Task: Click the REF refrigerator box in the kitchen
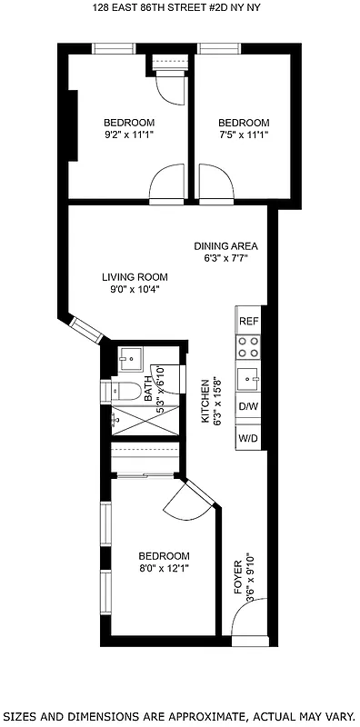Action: pyautogui.click(x=248, y=321)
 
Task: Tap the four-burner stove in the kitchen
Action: pyautogui.click(x=248, y=347)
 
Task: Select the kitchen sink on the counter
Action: pyautogui.click(x=248, y=376)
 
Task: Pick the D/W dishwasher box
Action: pyautogui.click(x=248, y=406)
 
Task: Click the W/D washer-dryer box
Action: pyautogui.click(x=248, y=438)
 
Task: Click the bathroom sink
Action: pyautogui.click(x=129, y=356)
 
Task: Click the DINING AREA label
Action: pyautogui.click(x=226, y=245)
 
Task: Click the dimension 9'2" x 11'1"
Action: pyautogui.click(x=128, y=134)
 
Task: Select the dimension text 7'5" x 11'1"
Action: pyautogui.click(x=244, y=134)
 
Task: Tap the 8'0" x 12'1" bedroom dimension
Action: pyautogui.click(x=164, y=568)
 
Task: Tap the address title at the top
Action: pyautogui.click(x=179, y=9)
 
